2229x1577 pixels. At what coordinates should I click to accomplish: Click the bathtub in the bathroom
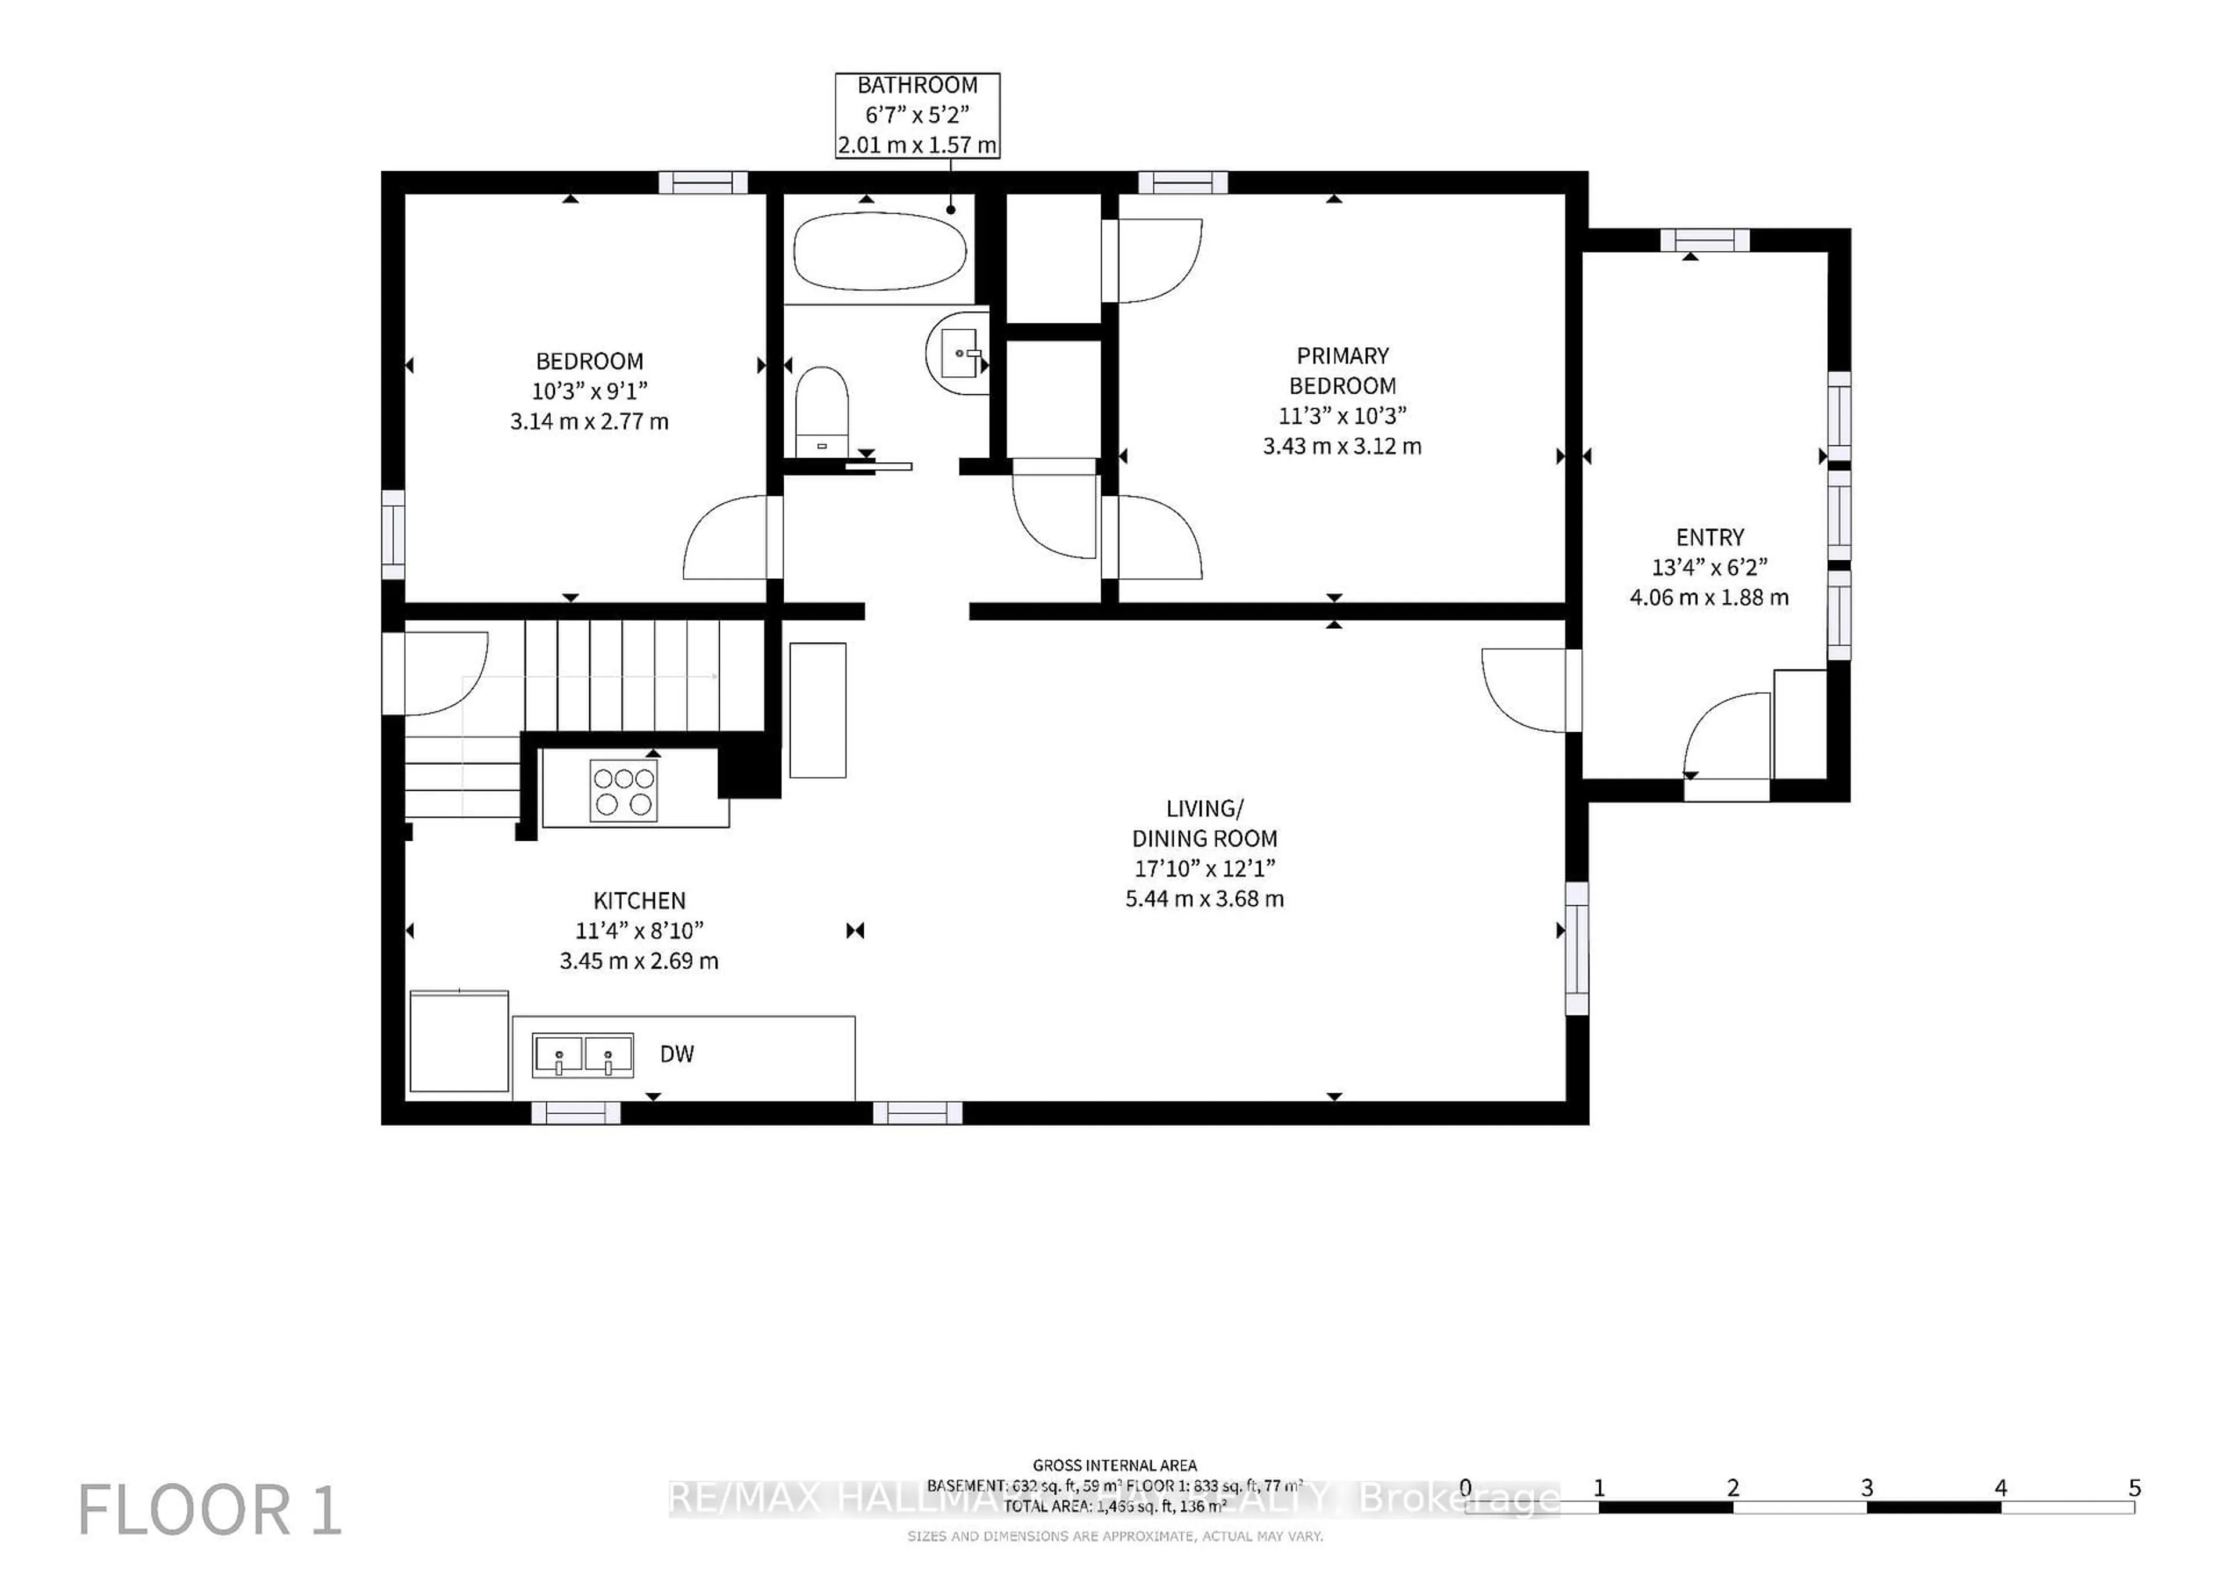point(879,250)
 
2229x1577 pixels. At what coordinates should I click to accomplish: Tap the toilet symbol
point(821,411)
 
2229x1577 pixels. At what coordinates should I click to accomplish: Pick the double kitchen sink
point(582,1054)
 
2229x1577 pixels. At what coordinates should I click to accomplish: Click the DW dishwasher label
point(677,1054)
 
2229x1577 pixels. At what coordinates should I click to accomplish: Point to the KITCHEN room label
point(639,900)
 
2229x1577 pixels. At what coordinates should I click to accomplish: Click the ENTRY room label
point(1709,537)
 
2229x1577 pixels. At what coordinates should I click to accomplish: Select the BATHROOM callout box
point(917,114)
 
